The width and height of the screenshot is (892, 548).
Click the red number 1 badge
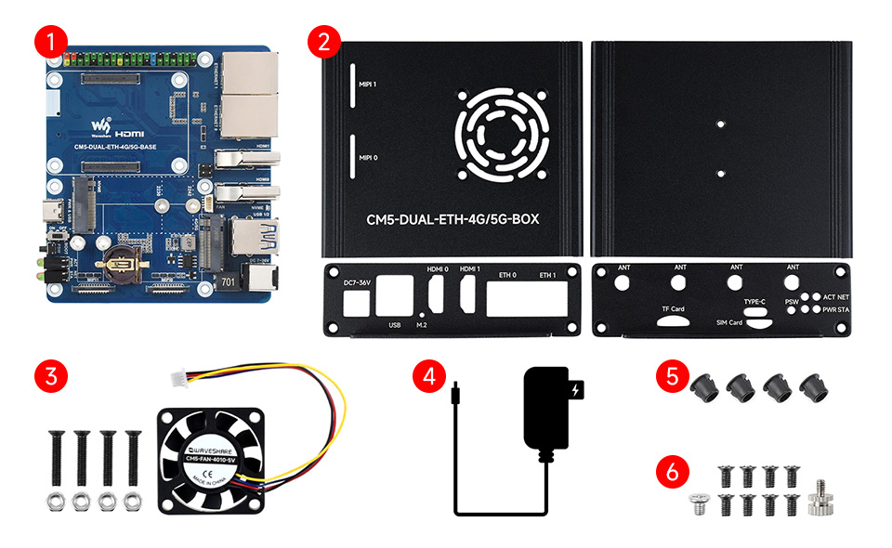(49, 41)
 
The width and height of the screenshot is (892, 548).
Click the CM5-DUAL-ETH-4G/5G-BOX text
(453, 220)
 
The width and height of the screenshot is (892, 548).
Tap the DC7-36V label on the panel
(354, 281)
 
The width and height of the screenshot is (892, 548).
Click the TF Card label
(673, 308)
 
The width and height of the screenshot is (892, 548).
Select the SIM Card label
(728, 323)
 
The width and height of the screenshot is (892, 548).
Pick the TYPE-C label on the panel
(755, 302)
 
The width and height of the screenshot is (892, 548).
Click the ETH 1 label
(545, 276)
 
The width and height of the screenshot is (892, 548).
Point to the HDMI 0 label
(438, 270)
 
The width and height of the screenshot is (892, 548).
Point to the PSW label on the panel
(793, 302)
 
